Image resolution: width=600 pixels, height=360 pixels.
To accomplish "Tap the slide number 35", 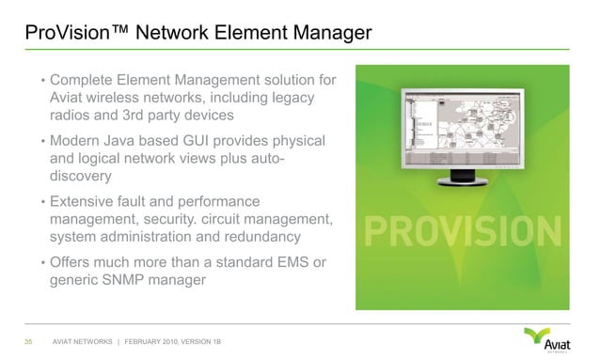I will (29, 339).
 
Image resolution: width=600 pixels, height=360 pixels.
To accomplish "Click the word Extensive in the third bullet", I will (88, 201).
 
